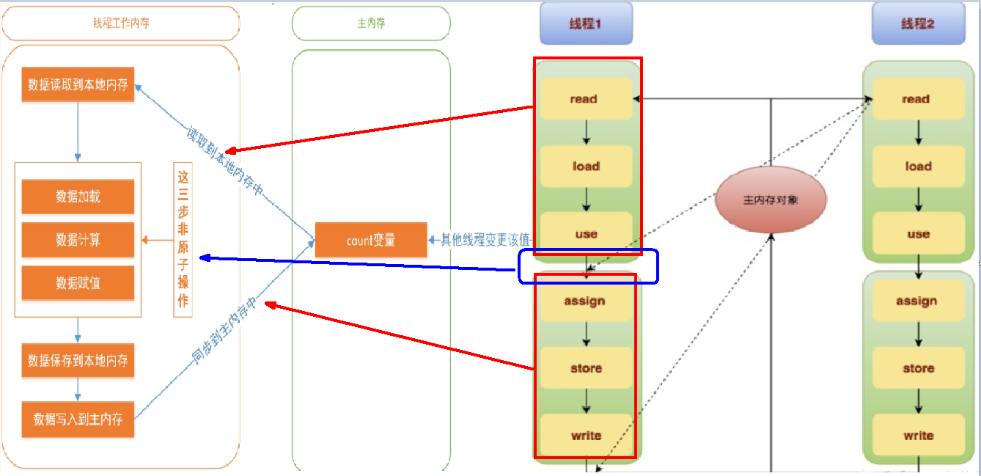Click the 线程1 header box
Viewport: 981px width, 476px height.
(585, 23)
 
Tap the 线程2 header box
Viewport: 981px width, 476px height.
(917, 23)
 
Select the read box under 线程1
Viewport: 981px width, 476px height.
(584, 99)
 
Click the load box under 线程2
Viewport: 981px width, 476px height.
(917, 166)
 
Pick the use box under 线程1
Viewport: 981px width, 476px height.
(585, 234)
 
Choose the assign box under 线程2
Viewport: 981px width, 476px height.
(916, 301)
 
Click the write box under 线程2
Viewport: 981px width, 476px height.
(917, 436)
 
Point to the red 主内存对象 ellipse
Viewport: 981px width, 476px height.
(771, 199)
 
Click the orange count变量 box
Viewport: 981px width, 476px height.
(371, 240)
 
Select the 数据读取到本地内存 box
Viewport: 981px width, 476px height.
(78, 85)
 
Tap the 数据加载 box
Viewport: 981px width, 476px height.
(78, 197)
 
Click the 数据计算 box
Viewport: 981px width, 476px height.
(78, 240)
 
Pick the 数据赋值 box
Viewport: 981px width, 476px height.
(78, 283)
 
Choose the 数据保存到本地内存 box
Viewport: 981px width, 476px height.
(78, 361)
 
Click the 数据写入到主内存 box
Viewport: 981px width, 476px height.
(78, 420)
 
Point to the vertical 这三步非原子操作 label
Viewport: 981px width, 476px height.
(183, 239)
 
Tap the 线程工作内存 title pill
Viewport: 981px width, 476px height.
(121, 23)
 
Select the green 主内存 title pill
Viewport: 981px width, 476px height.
(371, 23)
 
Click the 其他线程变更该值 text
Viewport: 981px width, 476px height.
(484, 240)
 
